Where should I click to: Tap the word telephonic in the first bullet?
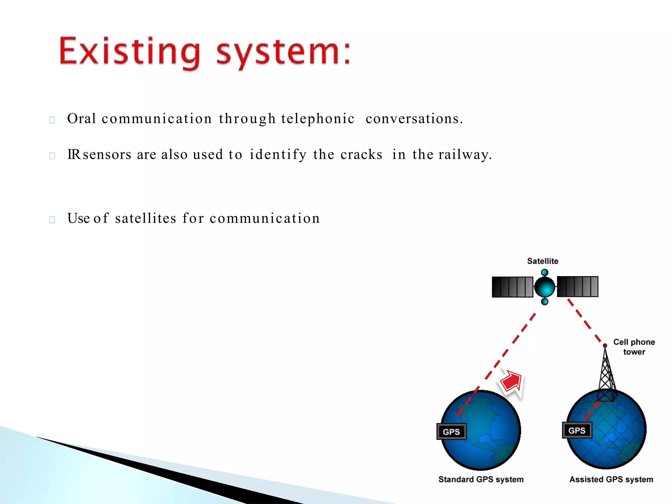point(318,119)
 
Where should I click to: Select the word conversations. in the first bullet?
point(414,119)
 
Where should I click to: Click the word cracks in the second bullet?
point(361,155)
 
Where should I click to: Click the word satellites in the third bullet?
point(146,218)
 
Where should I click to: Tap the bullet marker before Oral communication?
point(52,120)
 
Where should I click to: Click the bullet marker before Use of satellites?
point(52,220)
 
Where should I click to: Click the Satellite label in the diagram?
point(542,261)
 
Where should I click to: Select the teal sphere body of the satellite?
point(544,287)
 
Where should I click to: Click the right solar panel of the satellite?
point(577,286)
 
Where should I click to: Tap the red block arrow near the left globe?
point(512,382)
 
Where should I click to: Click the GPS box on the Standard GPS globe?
point(451,432)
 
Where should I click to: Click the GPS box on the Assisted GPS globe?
point(577,430)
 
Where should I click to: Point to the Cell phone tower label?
point(634,347)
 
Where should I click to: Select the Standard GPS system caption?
point(481,479)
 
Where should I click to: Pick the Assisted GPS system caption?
point(611,479)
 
